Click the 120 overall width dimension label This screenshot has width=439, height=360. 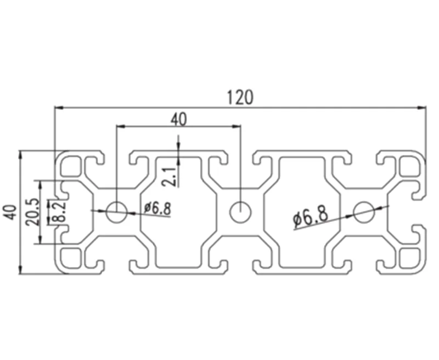(240, 98)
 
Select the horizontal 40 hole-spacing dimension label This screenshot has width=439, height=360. (178, 119)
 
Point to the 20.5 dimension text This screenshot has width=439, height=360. (31, 212)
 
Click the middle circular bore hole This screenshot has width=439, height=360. (240, 212)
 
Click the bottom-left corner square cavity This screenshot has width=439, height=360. (71, 257)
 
